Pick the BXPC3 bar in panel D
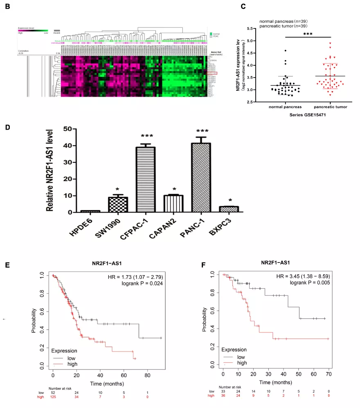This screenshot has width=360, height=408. [x=228, y=209]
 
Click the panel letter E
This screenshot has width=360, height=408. [x=7, y=265]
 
